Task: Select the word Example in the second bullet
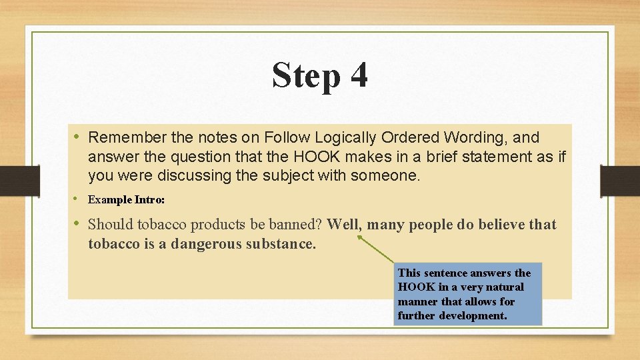click(110, 199)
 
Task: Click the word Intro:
click(150, 199)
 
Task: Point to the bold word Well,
click(344, 225)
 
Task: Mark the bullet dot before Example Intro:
click(77, 199)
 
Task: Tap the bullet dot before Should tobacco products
click(77, 223)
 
